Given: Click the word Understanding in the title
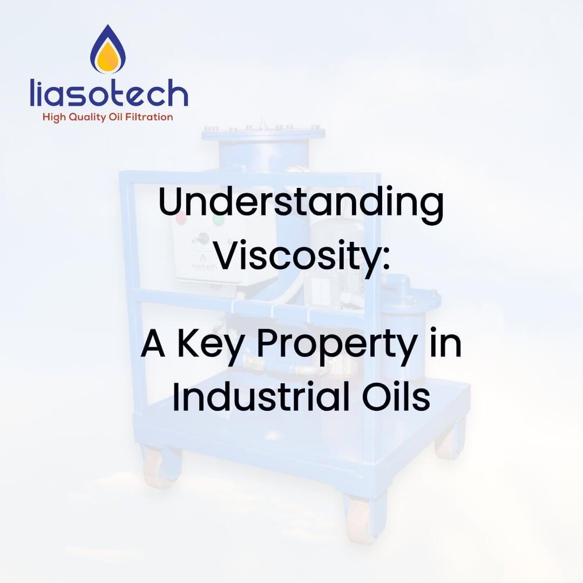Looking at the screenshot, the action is [301, 204].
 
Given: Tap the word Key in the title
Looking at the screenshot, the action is [211, 344].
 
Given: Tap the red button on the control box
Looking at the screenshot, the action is [181, 219].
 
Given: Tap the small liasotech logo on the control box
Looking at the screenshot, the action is [204, 263].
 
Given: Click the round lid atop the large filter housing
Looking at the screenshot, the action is [263, 132].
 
